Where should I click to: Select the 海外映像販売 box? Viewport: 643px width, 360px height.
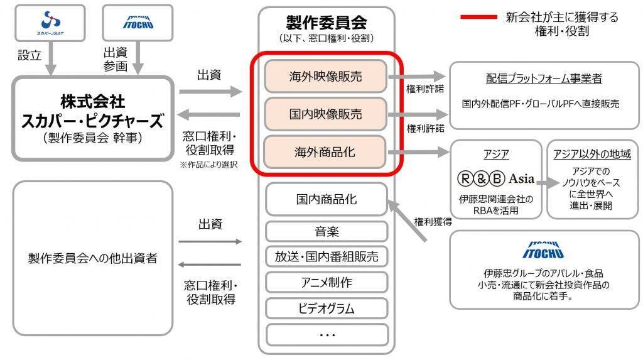click(326, 77)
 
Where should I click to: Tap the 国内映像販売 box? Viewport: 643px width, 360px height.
click(326, 114)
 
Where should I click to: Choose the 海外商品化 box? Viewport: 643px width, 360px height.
click(326, 151)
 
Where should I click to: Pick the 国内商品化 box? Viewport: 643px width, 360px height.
click(326, 199)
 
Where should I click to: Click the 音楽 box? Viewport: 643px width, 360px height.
click(326, 231)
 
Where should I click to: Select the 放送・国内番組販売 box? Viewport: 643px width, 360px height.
click(326, 256)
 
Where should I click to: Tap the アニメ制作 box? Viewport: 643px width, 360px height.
click(326, 282)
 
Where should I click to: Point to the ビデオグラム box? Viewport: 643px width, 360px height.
click(326, 308)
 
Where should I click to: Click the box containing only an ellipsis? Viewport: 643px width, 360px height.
click(326, 334)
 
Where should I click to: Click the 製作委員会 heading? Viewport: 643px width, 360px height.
click(326, 23)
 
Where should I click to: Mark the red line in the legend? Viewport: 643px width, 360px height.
click(478, 17)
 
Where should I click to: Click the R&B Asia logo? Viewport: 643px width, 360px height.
click(496, 178)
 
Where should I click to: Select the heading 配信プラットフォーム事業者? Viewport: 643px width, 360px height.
click(544, 79)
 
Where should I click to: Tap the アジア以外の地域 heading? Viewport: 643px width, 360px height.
click(592, 154)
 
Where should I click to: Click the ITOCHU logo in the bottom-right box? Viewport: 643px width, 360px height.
click(543, 251)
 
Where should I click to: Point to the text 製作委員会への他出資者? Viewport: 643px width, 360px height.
click(92, 258)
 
